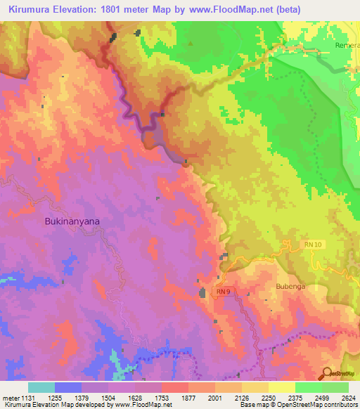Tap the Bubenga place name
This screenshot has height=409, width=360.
289,286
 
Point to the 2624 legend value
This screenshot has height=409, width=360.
348,398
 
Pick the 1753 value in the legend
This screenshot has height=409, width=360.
161,398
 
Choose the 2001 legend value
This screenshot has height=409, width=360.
214,398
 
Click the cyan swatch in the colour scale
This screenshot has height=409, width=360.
41,387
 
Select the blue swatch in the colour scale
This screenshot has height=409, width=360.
68,387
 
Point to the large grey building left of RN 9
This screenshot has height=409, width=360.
202,292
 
